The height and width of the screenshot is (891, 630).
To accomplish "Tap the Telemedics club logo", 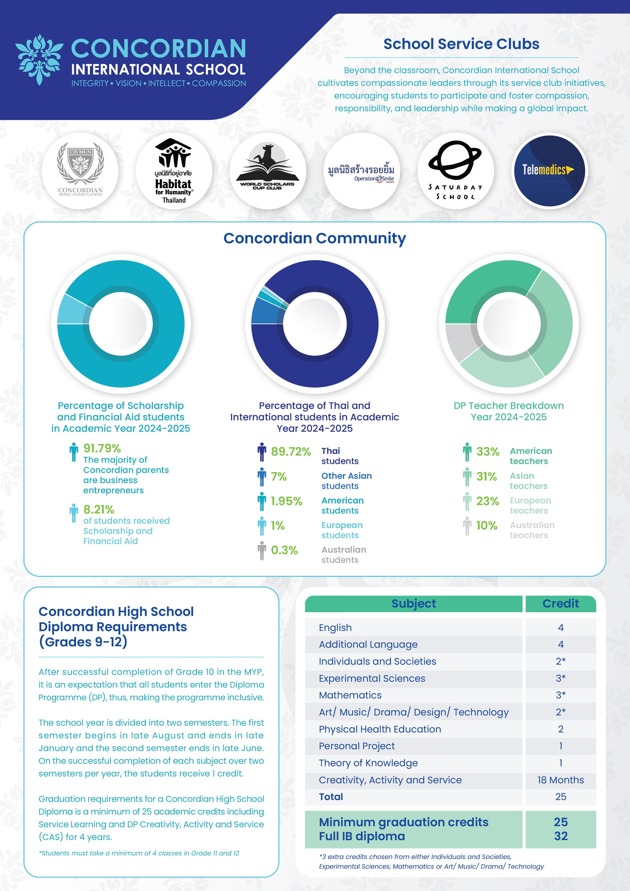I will (549, 171).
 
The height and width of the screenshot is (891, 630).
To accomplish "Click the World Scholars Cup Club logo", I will (268, 171).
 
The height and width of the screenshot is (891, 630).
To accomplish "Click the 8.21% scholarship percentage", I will (99, 509).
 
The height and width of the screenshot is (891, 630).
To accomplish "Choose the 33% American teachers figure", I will (488, 452).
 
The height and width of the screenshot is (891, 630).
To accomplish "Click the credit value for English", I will (561, 628).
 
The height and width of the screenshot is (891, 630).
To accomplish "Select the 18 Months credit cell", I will (561, 780).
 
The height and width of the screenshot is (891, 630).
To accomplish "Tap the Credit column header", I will (561, 603).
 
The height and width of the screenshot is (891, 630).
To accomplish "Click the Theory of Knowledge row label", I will (368, 763).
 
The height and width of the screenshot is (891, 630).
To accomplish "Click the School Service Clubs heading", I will (461, 44).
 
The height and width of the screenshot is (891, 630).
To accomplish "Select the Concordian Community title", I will (315, 238).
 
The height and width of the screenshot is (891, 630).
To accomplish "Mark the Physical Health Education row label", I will (380, 729).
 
